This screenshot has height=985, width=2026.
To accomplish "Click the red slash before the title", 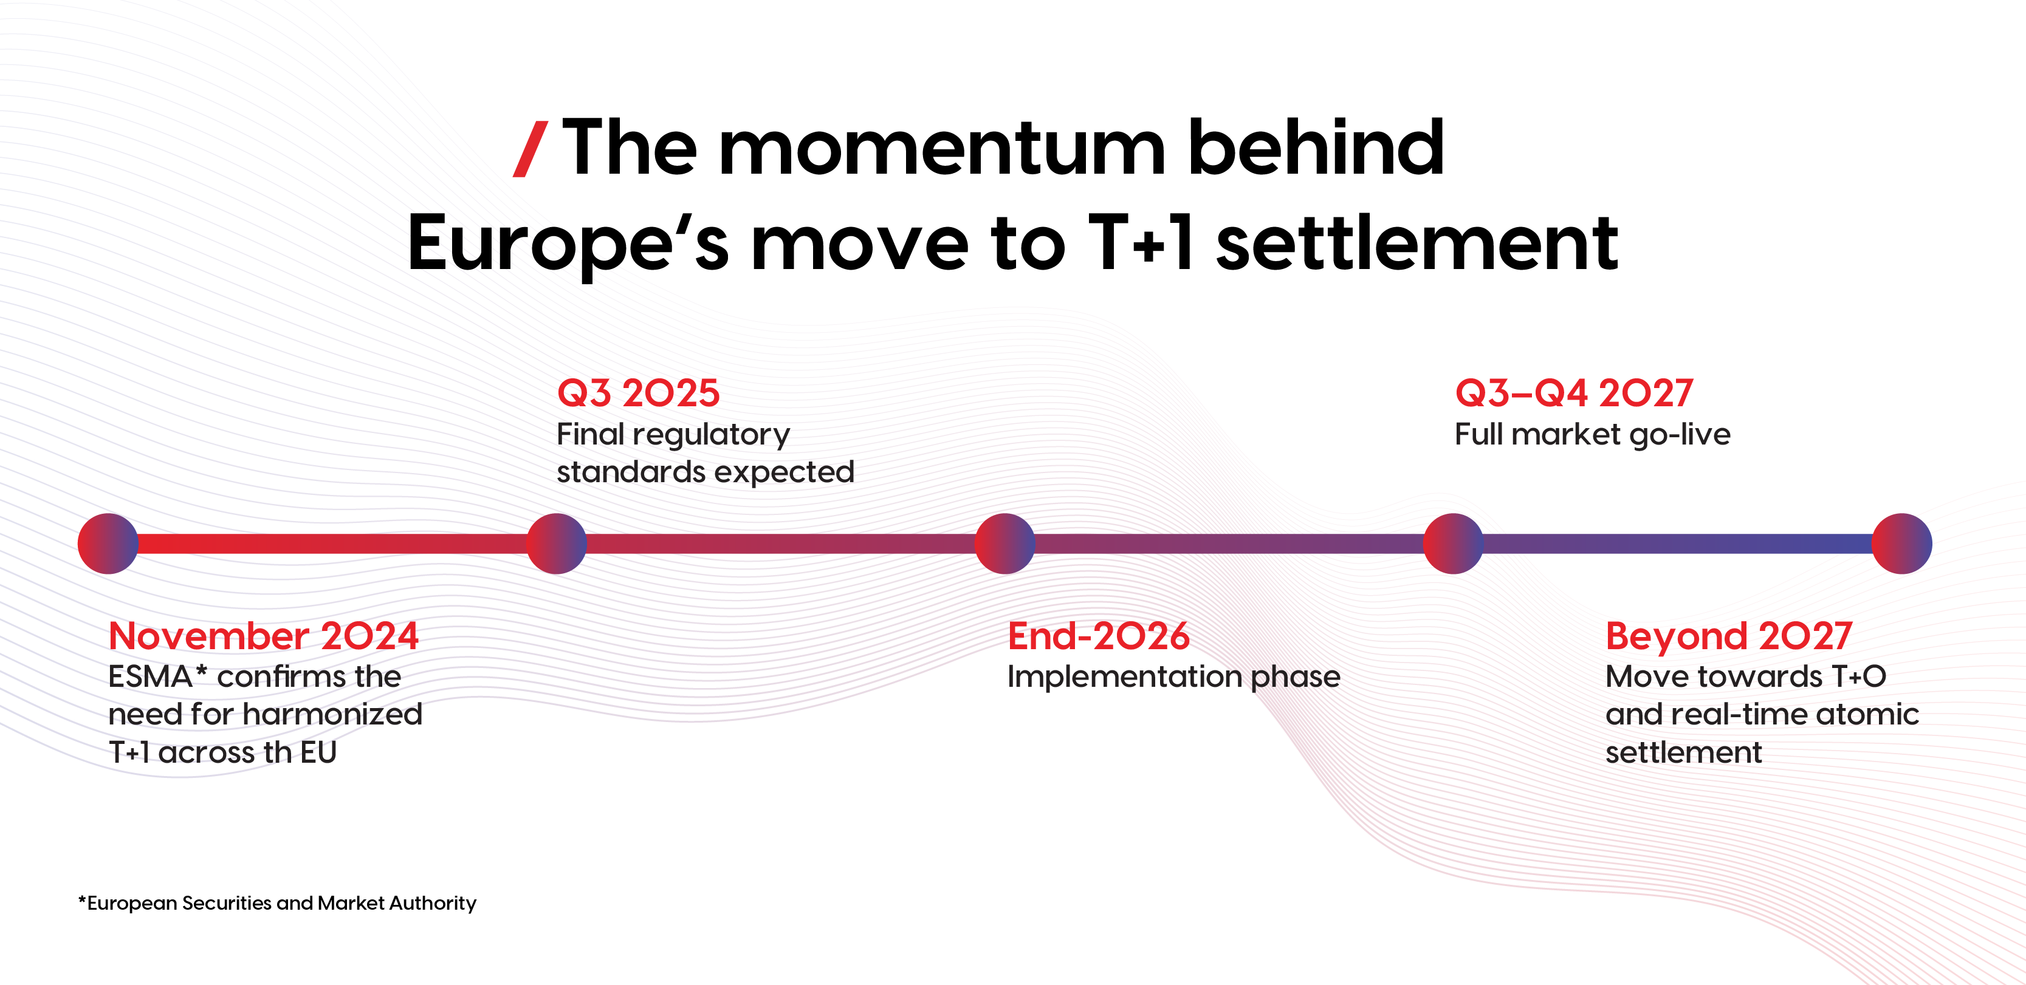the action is [530, 149].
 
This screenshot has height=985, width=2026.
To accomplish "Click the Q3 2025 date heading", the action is [638, 393].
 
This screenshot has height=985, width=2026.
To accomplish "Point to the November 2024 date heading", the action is [264, 635].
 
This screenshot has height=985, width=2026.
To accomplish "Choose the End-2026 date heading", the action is [1098, 635].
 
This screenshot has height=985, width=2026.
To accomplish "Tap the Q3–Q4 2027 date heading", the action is [1573, 393].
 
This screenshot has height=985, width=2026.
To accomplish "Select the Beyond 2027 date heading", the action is [1729, 636].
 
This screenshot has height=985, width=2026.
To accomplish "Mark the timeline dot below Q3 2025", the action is [556, 543].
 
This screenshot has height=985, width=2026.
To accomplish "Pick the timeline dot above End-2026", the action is [1004, 543].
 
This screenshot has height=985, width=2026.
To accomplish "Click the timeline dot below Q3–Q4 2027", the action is [1454, 543].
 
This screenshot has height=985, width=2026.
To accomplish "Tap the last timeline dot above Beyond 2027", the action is [1902, 543].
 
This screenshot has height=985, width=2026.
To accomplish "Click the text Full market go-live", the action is [1593, 435].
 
